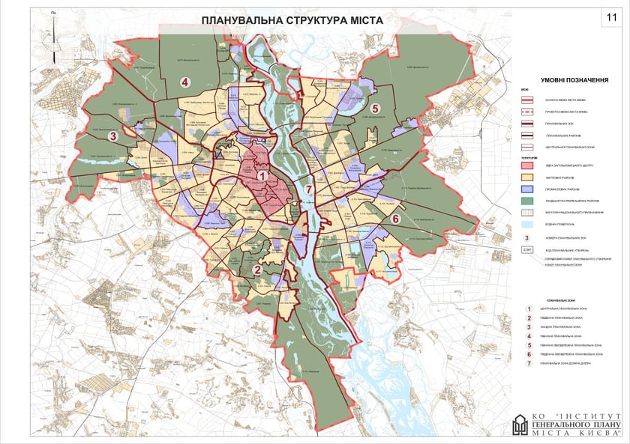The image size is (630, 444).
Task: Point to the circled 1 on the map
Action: (262, 176)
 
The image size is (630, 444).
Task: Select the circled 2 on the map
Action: (257, 270)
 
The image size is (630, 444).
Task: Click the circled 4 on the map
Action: (182, 82)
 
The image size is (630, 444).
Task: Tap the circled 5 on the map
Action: (375, 108)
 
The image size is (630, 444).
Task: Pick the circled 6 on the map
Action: (394, 219)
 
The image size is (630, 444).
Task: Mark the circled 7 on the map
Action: (307, 188)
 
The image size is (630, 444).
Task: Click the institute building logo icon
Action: (520, 425)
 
